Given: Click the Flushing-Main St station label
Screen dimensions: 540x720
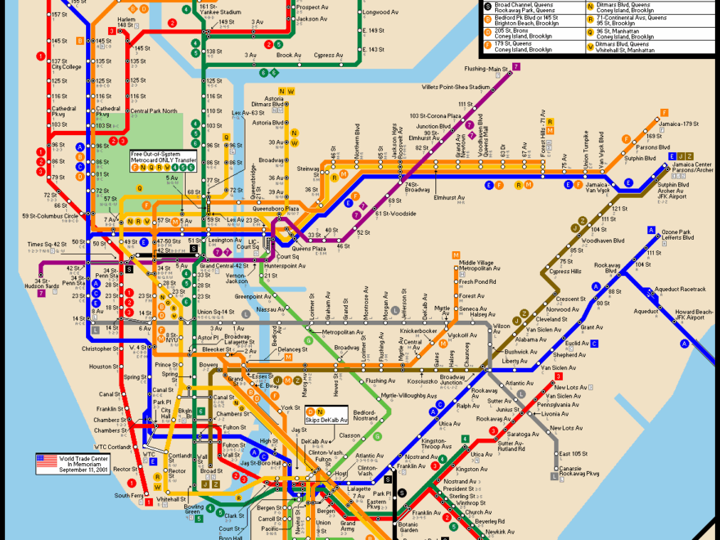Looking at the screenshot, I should pyautogui.click(x=486, y=69).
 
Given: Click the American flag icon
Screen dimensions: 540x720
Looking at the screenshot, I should pyautogui.click(x=46, y=462).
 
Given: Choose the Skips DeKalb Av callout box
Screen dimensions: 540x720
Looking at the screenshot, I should pyautogui.click(x=326, y=416).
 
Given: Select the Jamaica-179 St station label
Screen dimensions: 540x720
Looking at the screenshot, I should pyautogui.click(x=680, y=124).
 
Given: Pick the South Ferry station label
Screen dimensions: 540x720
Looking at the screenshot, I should pyautogui.click(x=128, y=496).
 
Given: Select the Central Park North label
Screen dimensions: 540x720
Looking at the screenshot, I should pyautogui.click(x=153, y=111).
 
